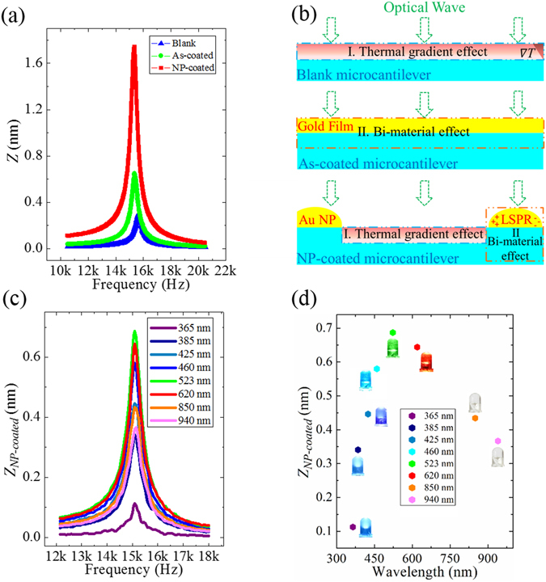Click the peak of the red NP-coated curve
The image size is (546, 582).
(133, 47)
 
